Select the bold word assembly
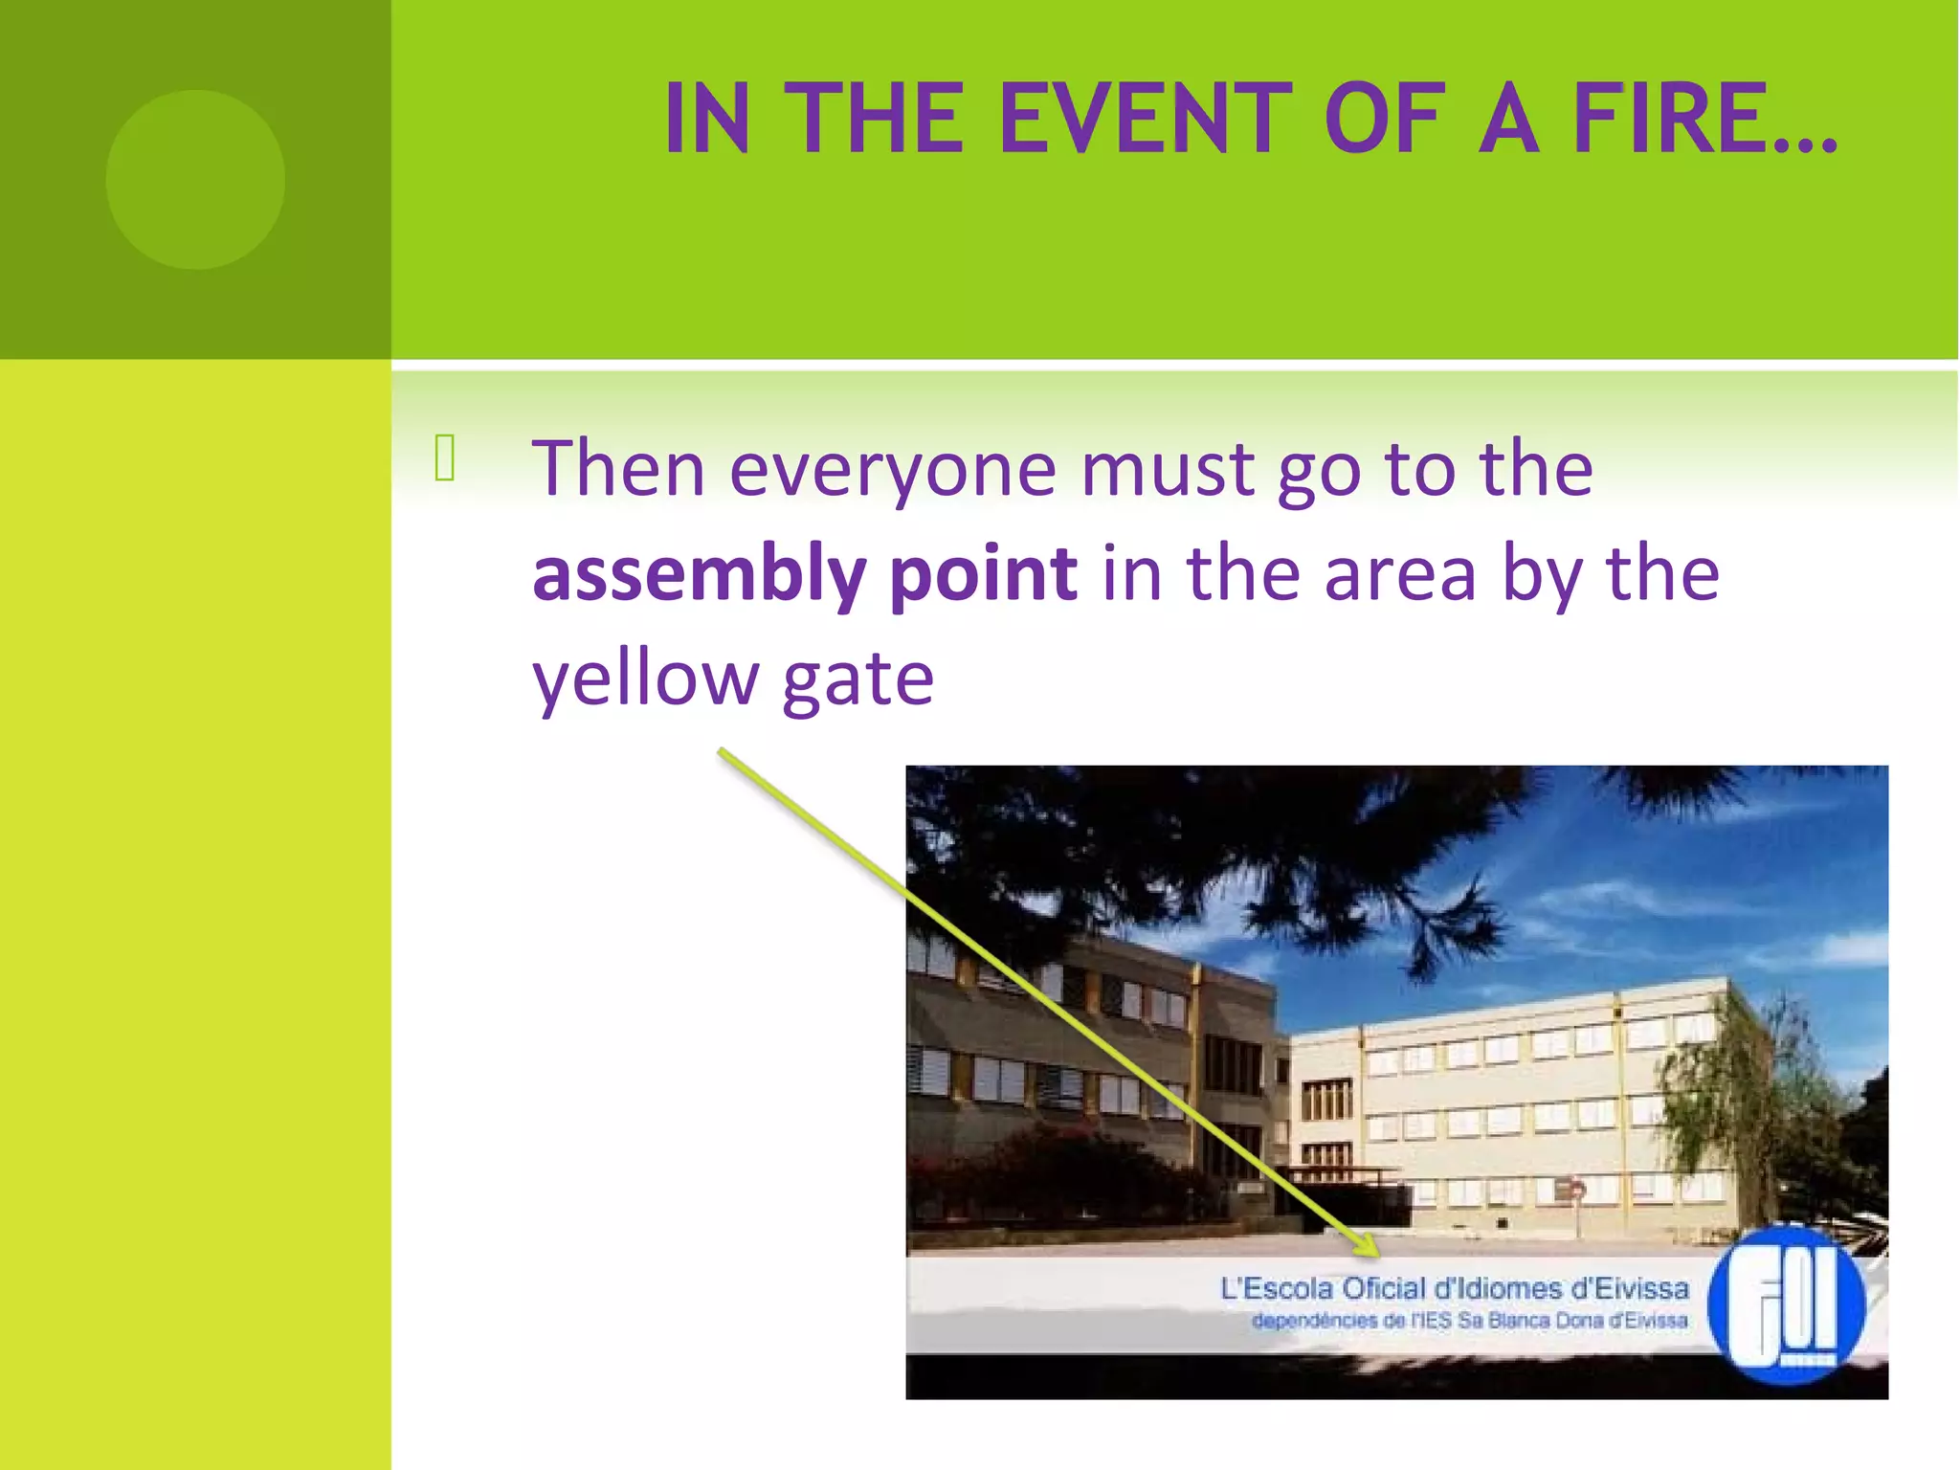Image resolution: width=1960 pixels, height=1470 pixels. tap(699, 574)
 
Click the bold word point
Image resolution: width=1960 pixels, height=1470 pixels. tap(983, 574)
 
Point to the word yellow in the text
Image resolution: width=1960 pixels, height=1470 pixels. tap(645, 679)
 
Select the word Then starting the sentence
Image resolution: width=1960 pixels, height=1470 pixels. tap(618, 469)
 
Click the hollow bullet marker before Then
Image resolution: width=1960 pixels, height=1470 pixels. tap(445, 457)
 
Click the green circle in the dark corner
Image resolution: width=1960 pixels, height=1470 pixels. tap(195, 179)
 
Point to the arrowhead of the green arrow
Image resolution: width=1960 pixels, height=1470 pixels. tap(1370, 1247)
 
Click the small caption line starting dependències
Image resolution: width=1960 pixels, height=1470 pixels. tap(1469, 1322)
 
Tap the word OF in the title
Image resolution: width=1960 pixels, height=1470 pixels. tap(1383, 119)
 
